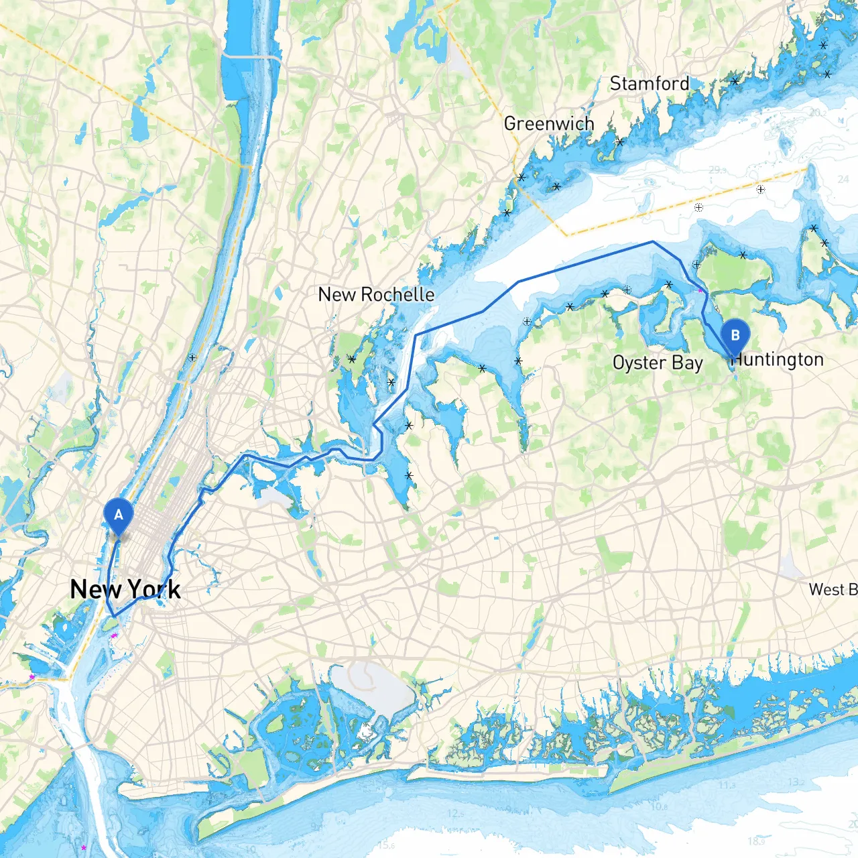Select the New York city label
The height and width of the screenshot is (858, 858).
click(x=125, y=589)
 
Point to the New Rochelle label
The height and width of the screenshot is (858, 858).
click(x=376, y=294)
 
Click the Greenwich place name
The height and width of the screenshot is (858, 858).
click(x=549, y=123)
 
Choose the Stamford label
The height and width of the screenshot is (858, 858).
click(x=649, y=84)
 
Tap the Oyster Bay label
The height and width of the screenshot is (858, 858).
click(x=658, y=363)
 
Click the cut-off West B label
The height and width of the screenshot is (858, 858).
click(x=833, y=589)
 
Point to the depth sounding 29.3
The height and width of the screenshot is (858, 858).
click(x=718, y=170)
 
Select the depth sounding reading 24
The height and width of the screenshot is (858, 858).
click(x=843, y=179)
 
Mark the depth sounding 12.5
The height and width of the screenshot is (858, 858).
click(x=455, y=814)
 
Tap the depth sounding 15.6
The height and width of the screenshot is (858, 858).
click(x=386, y=845)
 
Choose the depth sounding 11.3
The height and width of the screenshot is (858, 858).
click(x=727, y=785)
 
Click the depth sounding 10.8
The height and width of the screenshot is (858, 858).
click(x=660, y=806)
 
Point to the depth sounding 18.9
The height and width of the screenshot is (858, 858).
click(x=756, y=841)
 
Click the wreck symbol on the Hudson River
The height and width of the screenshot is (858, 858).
click(x=192, y=357)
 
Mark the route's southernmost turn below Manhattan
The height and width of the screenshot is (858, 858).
click(x=114, y=615)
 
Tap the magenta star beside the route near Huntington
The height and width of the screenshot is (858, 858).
click(x=701, y=291)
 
